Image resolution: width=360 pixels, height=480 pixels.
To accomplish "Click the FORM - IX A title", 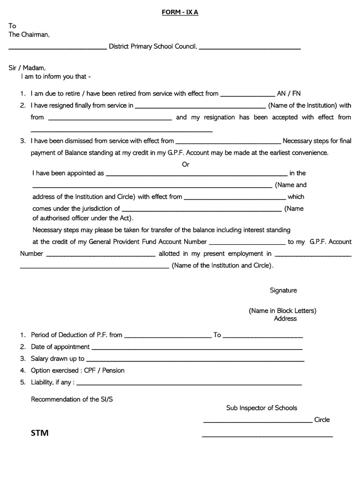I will pos(180,13).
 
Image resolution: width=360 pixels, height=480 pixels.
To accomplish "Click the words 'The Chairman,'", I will pos(29,35).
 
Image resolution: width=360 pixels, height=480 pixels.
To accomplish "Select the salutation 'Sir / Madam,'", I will pos(27,68).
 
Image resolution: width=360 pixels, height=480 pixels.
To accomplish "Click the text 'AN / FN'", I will pos(289,93).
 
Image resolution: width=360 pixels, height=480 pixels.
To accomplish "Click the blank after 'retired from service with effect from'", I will pos(247,95).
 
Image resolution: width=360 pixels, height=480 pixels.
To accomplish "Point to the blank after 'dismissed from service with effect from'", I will pos(228,142).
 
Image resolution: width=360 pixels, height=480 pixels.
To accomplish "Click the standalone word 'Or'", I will pos(186,165).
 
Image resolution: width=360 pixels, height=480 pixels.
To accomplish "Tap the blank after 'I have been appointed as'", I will pos(196,174).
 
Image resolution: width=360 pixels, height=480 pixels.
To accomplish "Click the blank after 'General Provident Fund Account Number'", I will pos(247,243).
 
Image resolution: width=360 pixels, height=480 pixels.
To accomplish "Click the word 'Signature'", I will pos(283,290).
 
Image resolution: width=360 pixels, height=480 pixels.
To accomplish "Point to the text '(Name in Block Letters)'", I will pos(282,310).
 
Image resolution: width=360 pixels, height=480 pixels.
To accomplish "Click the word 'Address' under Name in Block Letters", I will pos(285,319).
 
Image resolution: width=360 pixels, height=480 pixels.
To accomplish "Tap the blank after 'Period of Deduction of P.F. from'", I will pos(168,337).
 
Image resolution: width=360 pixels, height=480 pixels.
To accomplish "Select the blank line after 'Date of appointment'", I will pos(196,348).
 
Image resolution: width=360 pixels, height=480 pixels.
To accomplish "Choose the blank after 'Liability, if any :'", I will pos(189,384).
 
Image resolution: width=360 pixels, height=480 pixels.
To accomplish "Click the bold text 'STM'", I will pos(40,433).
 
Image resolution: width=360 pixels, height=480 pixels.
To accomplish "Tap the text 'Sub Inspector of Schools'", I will pos(262,408).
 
